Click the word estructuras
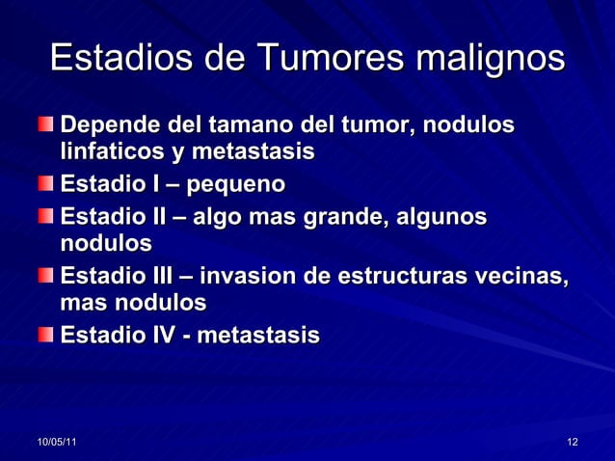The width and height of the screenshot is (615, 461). (408, 277)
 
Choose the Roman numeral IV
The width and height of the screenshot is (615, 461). (160, 336)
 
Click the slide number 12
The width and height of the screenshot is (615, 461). (573, 442)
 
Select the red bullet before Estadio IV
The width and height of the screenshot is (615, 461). (46, 335)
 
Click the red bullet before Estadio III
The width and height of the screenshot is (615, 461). (46, 276)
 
